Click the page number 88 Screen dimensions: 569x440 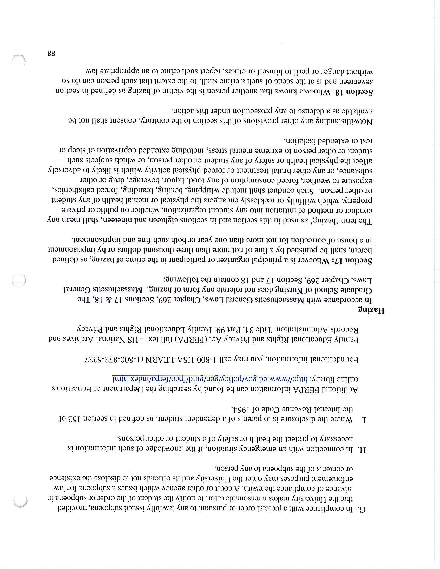[x=51, y=54]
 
